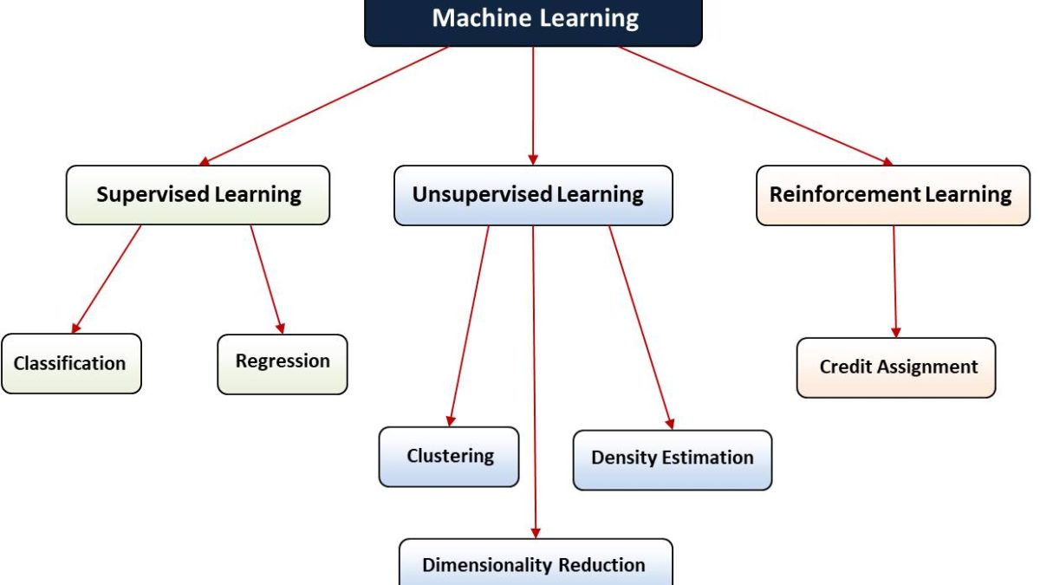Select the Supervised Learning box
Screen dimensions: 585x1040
(x=198, y=195)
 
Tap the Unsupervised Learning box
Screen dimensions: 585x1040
(x=533, y=195)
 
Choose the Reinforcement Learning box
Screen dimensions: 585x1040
(x=893, y=195)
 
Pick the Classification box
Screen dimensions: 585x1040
(x=71, y=364)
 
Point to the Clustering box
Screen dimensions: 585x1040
(x=449, y=457)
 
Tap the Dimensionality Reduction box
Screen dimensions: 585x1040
(x=535, y=563)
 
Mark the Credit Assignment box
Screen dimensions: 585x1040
(x=896, y=367)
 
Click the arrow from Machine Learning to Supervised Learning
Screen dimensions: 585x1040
(x=325, y=105)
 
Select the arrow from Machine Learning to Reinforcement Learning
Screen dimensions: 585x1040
(x=754, y=105)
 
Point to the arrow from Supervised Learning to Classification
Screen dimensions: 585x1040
(x=107, y=279)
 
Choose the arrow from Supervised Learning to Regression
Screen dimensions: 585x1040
(x=267, y=279)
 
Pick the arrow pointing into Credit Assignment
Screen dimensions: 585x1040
(x=894, y=282)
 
